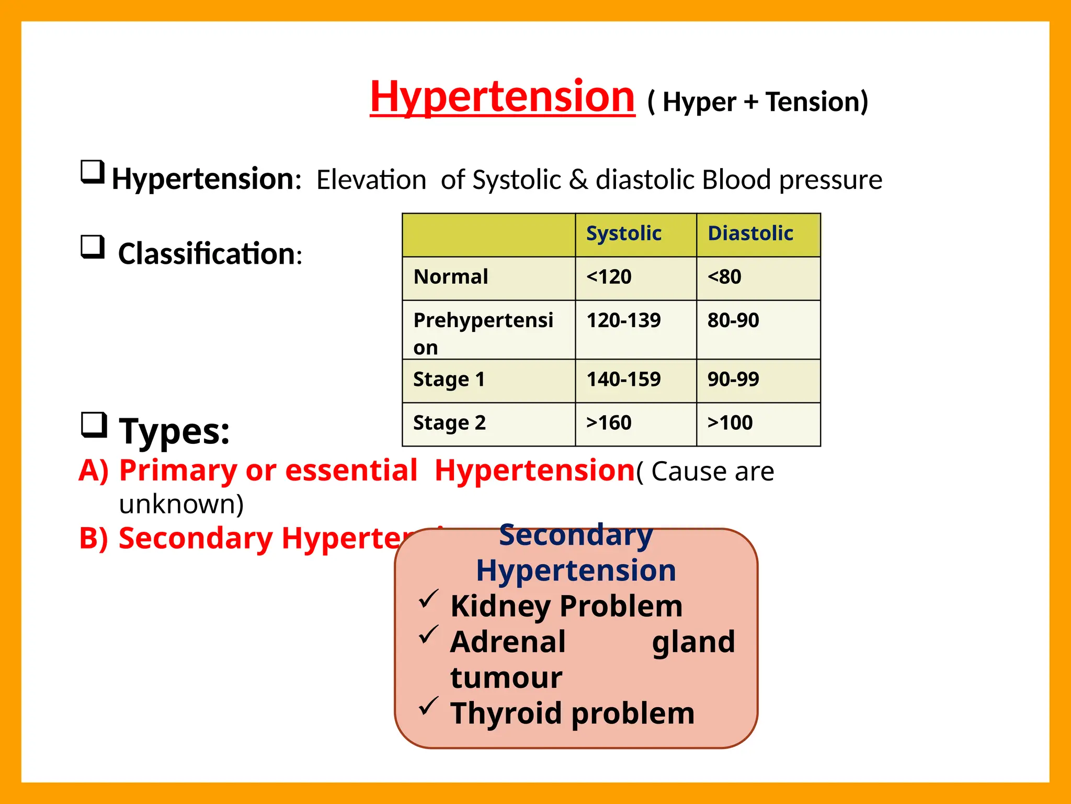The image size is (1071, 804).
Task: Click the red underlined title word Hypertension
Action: point(502,97)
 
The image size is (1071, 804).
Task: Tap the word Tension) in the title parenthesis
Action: point(816,102)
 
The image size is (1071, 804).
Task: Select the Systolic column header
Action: point(623,233)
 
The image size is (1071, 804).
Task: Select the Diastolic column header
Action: point(750,233)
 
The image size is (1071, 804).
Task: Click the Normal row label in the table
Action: point(451,277)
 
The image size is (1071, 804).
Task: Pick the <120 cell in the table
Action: point(609,277)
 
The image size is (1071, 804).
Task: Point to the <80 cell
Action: point(724,277)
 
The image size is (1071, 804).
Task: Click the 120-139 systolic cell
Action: point(623,320)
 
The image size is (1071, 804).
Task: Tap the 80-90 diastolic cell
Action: point(733,320)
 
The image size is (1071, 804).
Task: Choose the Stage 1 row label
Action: point(449,379)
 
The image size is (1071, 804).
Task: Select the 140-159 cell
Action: point(623,379)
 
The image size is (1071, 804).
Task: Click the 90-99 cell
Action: point(733,379)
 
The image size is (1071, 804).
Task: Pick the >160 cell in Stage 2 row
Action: point(609,423)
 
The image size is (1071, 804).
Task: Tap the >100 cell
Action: point(730,423)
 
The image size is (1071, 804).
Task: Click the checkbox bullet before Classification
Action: point(93,247)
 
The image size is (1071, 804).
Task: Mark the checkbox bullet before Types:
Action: point(94,425)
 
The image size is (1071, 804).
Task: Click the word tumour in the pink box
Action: point(506,678)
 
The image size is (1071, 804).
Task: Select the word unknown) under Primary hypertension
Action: point(181,505)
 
